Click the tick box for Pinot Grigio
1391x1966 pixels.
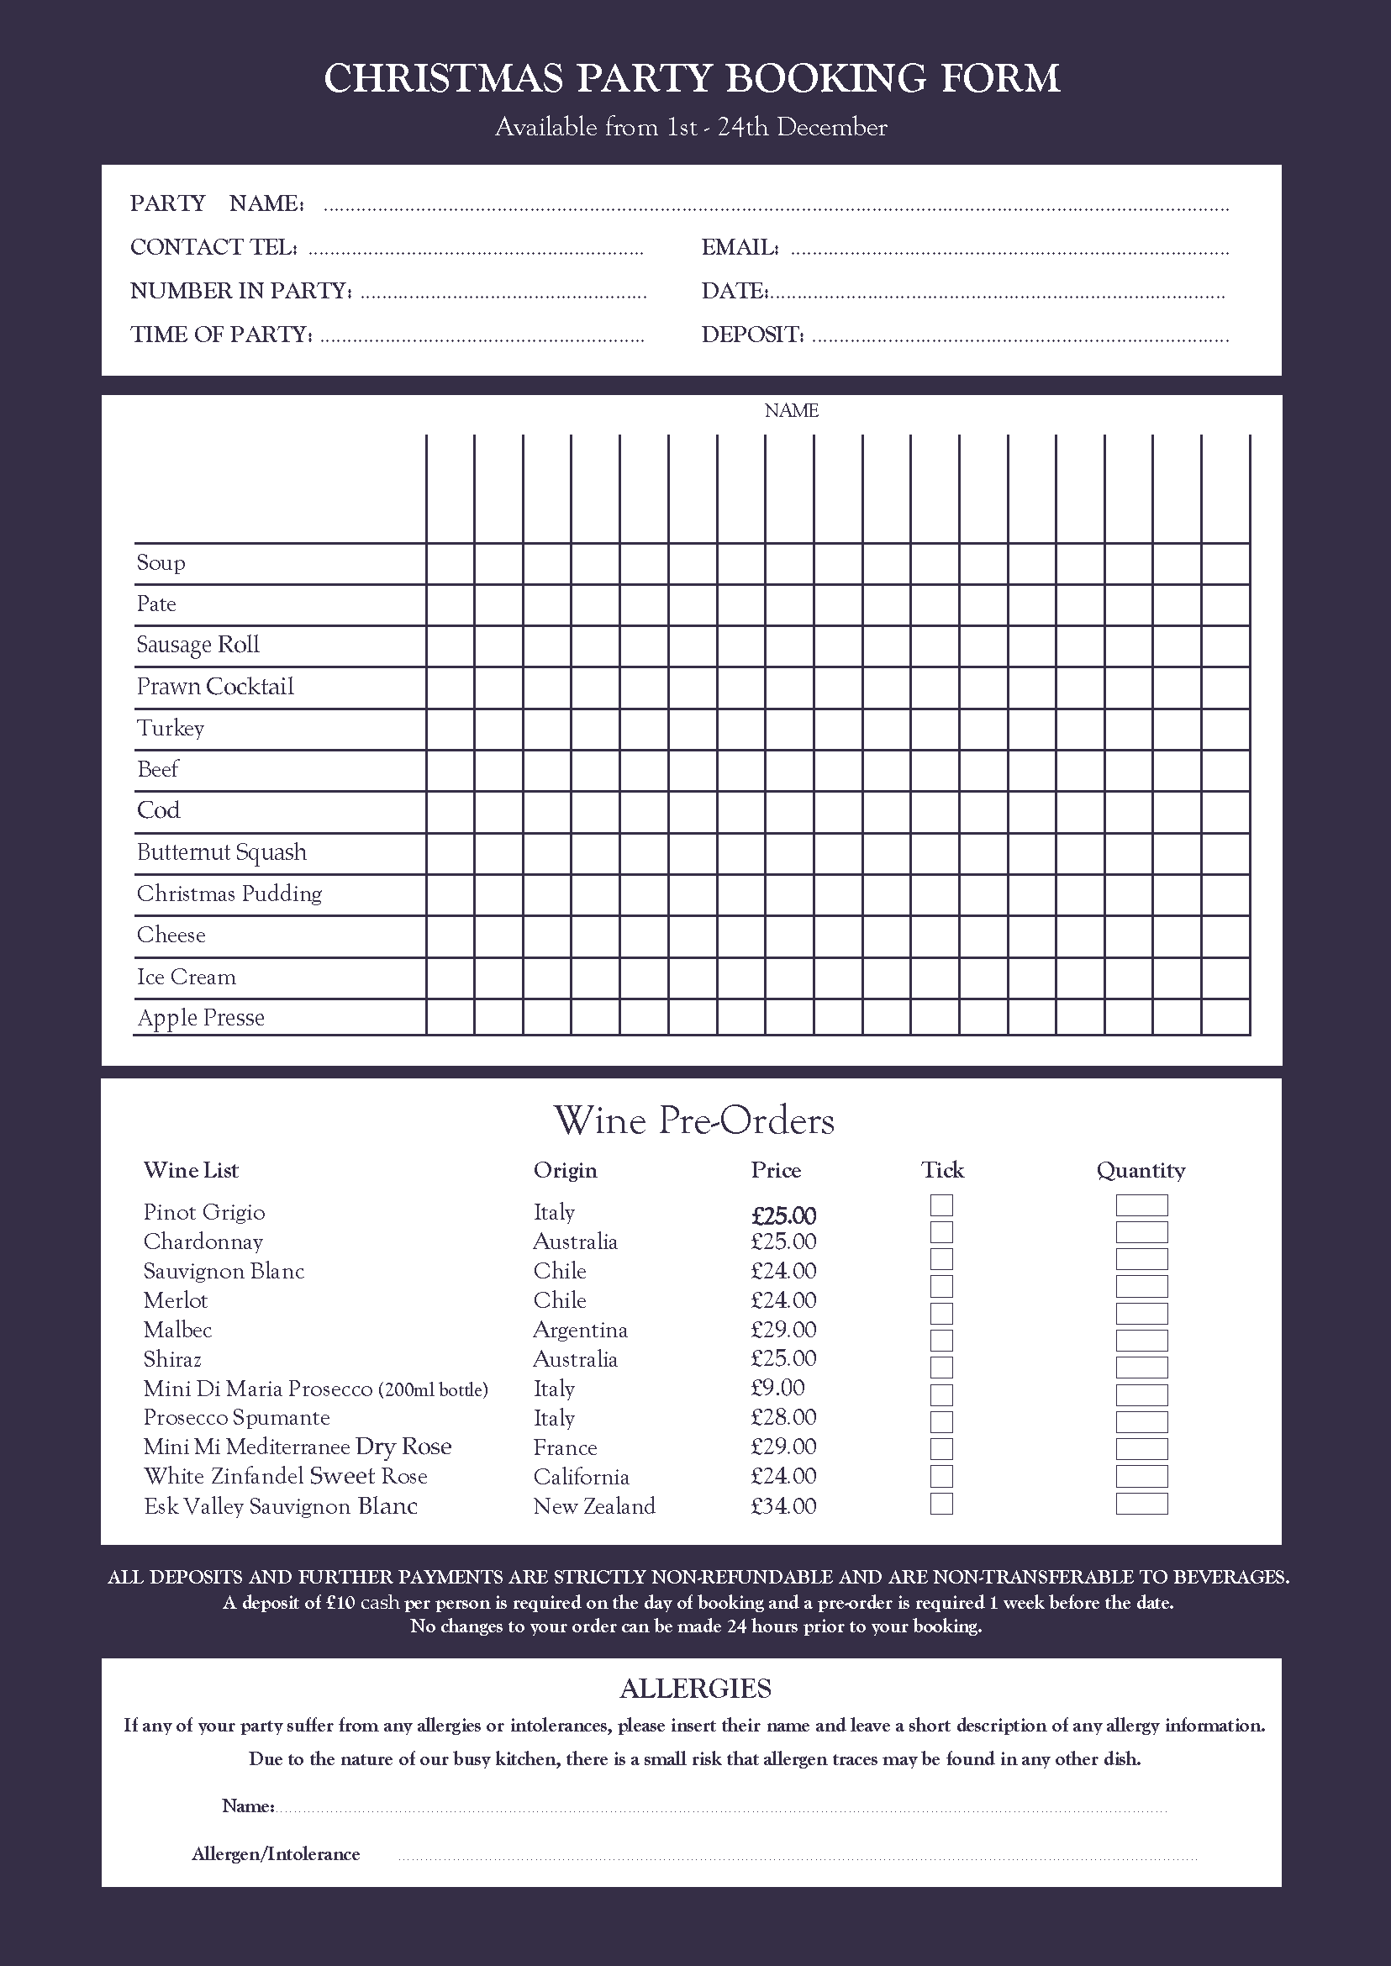(x=941, y=1205)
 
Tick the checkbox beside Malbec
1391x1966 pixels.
(x=941, y=1314)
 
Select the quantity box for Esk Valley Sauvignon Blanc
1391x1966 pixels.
(x=1141, y=1505)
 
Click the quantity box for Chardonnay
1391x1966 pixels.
(x=1141, y=1233)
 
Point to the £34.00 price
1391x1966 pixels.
(x=783, y=1506)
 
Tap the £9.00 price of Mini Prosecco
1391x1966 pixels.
(x=777, y=1388)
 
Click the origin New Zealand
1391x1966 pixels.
(x=593, y=1506)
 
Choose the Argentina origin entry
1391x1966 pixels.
(x=580, y=1330)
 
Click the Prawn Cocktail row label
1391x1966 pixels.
(x=215, y=687)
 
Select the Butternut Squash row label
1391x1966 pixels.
(x=222, y=852)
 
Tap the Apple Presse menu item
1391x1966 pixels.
(x=201, y=1018)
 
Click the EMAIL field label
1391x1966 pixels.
(x=740, y=248)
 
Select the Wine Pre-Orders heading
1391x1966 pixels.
(x=693, y=1120)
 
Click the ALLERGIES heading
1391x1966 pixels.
(x=696, y=1689)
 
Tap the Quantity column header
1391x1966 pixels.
(x=1141, y=1170)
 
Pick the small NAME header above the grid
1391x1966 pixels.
(x=792, y=411)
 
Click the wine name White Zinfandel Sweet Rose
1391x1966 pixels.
(x=285, y=1476)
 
